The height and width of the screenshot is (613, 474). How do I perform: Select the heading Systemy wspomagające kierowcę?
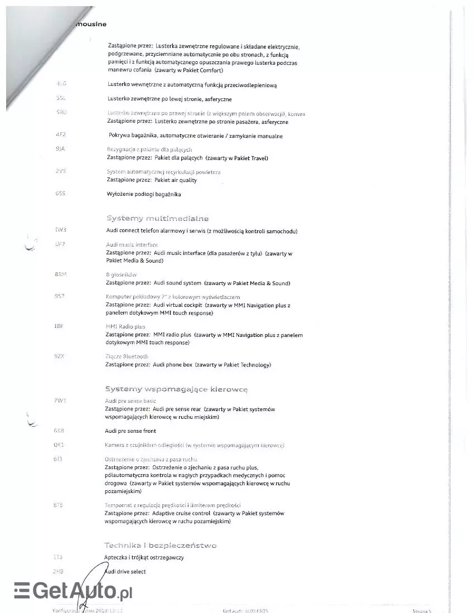point(176,389)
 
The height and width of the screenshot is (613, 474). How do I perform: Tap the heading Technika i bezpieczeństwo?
point(160,545)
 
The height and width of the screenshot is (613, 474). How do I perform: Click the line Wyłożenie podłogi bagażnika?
point(144,194)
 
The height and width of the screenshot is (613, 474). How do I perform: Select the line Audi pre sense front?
point(130,431)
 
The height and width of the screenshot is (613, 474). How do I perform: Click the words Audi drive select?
point(126,572)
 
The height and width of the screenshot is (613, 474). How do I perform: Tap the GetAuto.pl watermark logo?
point(72,590)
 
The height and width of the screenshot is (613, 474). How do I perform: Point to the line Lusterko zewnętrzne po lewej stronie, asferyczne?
point(169,99)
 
